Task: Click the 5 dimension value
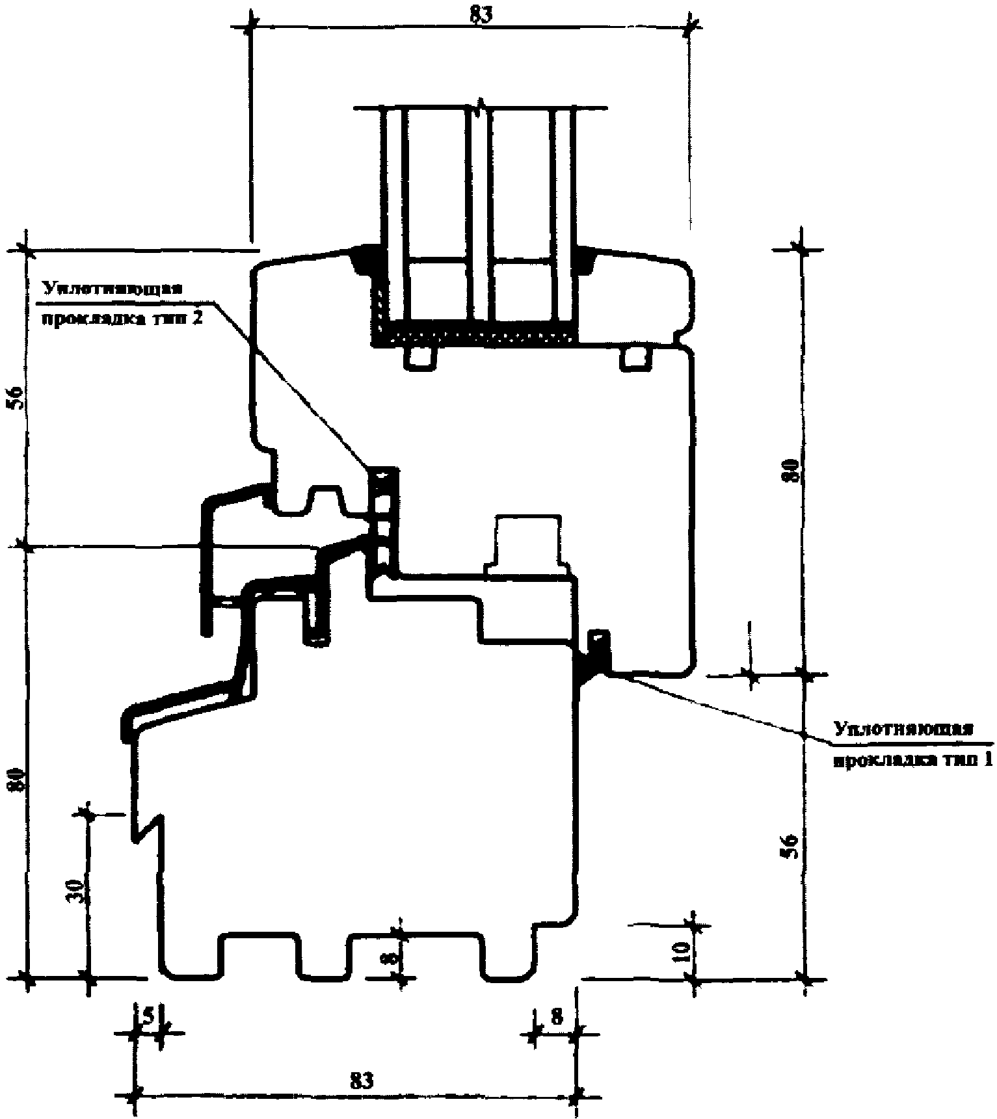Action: (x=148, y=1016)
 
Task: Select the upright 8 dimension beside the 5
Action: (x=557, y=1017)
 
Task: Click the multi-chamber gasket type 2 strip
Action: (x=384, y=520)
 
